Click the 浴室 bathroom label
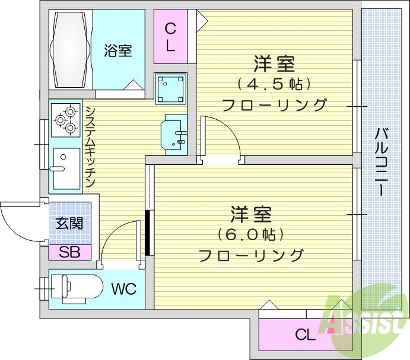tap(117, 51)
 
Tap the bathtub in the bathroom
tap(71, 50)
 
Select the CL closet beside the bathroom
tap(170, 37)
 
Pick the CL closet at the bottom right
tap(305, 335)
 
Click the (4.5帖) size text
tap(274, 83)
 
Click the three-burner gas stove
tap(66, 118)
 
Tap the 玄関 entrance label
tap(69, 224)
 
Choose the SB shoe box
tap(69, 252)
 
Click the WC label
tap(124, 289)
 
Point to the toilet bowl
tap(80, 288)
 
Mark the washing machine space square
tap(170, 88)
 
